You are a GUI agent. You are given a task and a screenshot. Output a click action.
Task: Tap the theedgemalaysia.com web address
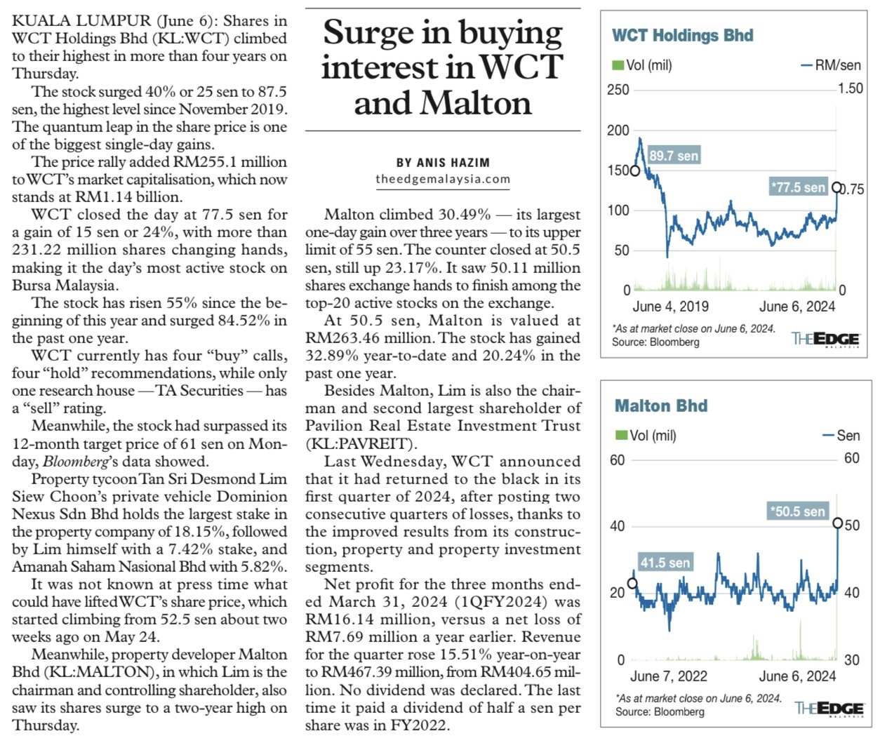point(443,179)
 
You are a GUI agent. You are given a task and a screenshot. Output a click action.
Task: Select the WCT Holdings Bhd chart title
point(682,36)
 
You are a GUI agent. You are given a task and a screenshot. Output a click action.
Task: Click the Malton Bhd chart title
point(660,406)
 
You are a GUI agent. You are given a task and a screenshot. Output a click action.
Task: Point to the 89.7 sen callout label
point(674,156)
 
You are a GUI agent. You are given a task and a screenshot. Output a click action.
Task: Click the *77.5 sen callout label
point(798,187)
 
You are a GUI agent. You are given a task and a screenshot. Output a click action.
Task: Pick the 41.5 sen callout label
point(665,563)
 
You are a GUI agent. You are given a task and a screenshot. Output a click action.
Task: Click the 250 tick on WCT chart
point(618,90)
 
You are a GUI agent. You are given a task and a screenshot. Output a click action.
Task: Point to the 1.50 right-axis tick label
point(851,88)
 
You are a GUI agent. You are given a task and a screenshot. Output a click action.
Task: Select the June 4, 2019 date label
point(670,307)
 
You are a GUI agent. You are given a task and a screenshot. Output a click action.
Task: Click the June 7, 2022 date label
point(668,676)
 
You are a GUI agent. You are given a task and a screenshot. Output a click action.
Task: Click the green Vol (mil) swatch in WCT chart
point(618,65)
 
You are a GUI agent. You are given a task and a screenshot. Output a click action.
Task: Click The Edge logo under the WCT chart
point(825,339)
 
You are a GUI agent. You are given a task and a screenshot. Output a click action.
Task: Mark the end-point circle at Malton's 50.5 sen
point(837,523)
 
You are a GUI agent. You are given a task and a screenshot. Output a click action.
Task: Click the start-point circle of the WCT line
point(635,170)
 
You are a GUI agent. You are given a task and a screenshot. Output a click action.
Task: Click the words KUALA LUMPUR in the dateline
point(72,21)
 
